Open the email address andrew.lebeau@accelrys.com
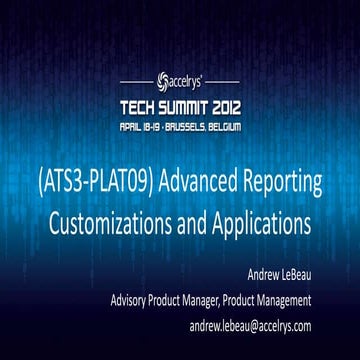(250, 325)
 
